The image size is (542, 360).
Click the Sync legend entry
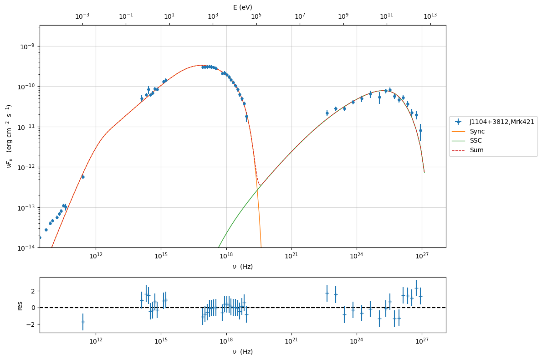477,131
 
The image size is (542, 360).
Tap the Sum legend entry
477,150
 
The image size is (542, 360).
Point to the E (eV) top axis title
242,7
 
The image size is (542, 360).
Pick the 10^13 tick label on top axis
430,16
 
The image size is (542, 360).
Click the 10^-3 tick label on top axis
82,16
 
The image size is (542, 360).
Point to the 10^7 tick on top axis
300,16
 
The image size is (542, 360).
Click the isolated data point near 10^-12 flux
83,177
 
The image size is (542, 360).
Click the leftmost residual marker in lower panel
83,322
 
